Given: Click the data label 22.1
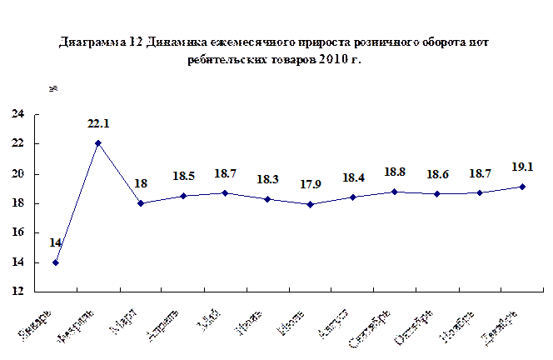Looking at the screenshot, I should tap(98, 124).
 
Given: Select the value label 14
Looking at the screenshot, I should tap(56, 242).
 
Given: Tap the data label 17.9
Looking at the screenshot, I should tap(310, 184).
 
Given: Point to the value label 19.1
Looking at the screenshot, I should tap(521, 166).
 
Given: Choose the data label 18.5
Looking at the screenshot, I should tap(184, 177).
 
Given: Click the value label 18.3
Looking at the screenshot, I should tap(267, 179).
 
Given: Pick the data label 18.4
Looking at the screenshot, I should tap(352, 177).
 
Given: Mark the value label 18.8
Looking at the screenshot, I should tap(395, 172).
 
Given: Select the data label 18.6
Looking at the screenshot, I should tap(437, 174).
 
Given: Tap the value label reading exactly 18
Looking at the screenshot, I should tap(141, 183).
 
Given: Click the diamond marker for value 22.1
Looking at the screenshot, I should tap(98, 143).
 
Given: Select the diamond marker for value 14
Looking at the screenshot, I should tap(56, 262).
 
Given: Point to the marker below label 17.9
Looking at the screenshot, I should tap(310, 204).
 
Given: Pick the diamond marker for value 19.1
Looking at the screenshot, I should tap(522, 187).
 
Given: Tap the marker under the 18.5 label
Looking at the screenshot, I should tap(183, 196).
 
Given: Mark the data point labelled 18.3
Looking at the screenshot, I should tap(267, 199).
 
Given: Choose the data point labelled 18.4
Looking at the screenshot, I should tap(353, 197).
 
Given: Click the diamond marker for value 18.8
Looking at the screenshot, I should tap(395, 192).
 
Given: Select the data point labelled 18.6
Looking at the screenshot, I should tap(437, 194).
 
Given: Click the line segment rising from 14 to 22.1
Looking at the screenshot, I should tap(77, 203).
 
